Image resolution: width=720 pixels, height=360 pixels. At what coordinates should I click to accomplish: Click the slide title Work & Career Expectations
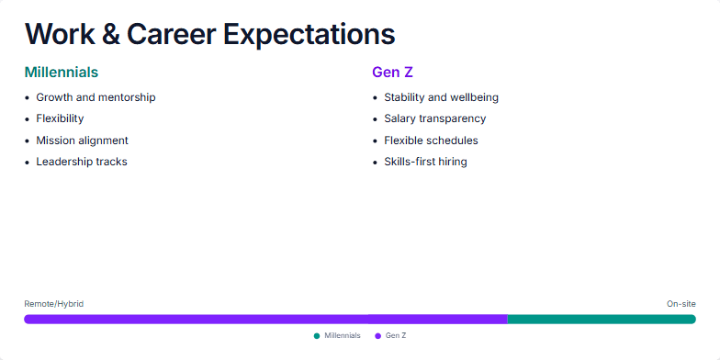pos(209,34)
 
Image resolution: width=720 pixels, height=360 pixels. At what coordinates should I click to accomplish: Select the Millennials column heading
pos(62,72)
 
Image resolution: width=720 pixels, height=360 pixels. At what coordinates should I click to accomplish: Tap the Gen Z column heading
pos(393,72)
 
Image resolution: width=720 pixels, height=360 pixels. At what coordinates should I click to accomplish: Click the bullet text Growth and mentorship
pos(96,97)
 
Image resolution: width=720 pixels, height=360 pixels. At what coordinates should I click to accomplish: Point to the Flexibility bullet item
pos(60,118)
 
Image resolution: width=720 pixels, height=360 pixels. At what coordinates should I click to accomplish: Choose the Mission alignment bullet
pos(82,141)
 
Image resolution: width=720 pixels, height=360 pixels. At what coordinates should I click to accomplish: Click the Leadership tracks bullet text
pos(82,162)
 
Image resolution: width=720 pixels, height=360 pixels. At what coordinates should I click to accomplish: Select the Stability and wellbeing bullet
pos(441,97)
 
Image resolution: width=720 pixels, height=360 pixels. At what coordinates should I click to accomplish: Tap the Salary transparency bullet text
pos(434,118)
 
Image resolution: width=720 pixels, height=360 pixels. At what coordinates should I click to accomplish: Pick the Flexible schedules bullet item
pos(431,141)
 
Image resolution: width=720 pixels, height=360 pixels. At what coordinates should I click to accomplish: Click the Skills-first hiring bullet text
pos(425,162)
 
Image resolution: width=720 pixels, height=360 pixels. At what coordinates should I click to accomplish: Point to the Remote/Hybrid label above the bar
pos(53,303)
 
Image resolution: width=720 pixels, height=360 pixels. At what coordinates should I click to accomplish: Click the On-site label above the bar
pos(681,303)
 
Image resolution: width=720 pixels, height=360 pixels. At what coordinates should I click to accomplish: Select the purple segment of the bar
pos(265,320)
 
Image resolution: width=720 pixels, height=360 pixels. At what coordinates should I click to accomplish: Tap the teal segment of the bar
pos(602,320)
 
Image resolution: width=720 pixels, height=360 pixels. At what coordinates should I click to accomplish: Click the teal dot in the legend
pos(317,336)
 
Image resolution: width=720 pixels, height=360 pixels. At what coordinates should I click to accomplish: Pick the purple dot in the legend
pos(377,336)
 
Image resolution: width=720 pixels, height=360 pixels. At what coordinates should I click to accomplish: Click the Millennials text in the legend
pos(343,336)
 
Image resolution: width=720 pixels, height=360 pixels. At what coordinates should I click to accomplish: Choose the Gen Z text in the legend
pos(395,336)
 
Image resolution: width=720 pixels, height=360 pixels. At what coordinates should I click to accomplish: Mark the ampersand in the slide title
pos(111,34)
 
